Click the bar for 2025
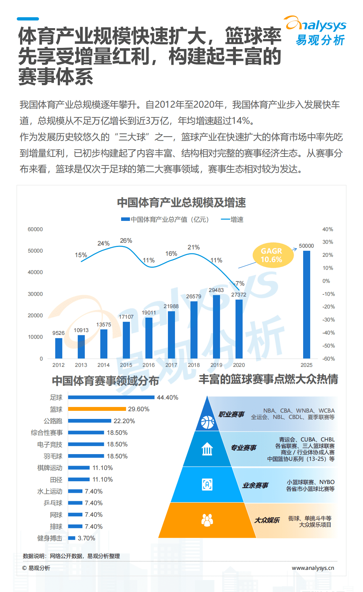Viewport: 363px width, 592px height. tap(306, 304)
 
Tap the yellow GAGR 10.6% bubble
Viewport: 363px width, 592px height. tap(273, 255)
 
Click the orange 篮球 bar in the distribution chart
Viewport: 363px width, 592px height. tap(97, 409)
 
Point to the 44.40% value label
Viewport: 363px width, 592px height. tap(167, 397)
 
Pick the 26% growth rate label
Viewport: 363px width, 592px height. tap(126, 241)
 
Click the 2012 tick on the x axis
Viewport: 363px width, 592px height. tap(58, 365)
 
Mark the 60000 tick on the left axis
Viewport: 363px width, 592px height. tap(35, 229)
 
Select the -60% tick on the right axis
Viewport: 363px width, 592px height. tap(328, 359)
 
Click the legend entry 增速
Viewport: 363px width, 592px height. tap(232, 219)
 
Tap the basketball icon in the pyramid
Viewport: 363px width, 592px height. tap(207, 422)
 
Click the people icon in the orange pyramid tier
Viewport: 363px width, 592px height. tap(207, 520)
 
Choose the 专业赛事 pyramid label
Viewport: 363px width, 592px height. tap(243, 448)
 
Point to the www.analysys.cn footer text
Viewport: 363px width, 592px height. tap(313, 568)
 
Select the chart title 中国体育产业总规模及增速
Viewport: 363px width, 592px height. tap(181, 203)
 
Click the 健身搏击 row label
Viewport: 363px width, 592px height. tap(50, 538)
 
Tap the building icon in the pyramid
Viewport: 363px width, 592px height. tap(207, 449)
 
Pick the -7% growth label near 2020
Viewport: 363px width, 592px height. tap(239, 284)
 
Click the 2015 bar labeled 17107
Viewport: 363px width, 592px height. tap(126, 340)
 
